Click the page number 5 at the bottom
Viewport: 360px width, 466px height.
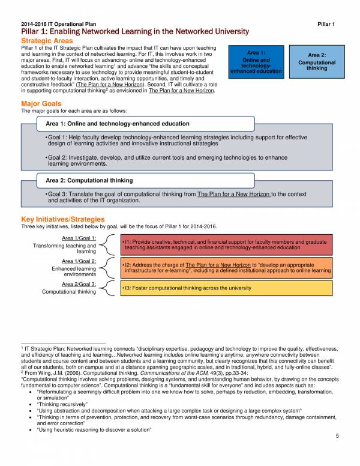(x=338, y=453)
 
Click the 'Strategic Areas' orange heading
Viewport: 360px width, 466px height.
(x=47, y=40)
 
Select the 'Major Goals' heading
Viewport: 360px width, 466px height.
(x=41, y=104)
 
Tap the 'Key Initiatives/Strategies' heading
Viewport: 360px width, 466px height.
(x=63, y=219)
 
